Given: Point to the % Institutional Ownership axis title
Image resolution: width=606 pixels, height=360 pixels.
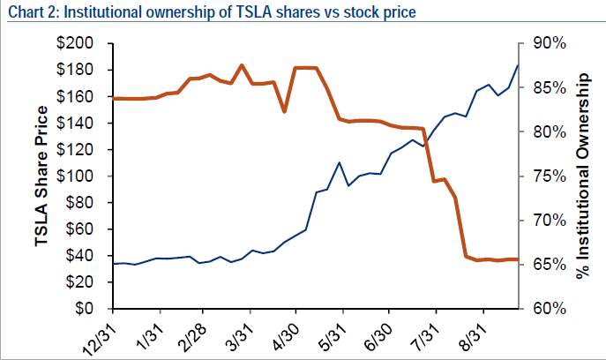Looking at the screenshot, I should [583, 176].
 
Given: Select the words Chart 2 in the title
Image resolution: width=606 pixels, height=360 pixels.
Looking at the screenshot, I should [28, 11].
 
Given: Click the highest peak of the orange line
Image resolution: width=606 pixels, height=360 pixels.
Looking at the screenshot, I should [242, 65].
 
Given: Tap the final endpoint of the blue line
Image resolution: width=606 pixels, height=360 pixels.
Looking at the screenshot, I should [518, 65].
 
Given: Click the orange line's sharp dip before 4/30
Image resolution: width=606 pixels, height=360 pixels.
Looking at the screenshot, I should [284, 111].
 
